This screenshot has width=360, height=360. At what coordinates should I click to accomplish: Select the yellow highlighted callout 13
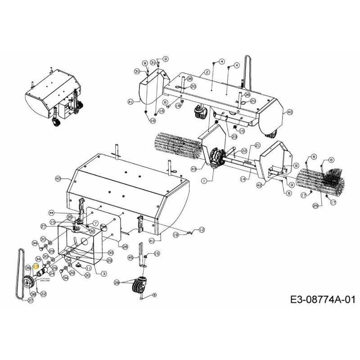click(x=36, y=267)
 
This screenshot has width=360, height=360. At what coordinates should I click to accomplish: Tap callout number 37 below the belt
click(x=31, y=300)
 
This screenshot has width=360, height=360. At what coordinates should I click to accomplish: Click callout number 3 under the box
click(x=104, y=273)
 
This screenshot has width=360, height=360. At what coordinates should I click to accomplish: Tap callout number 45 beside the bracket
click(x=130, y=258)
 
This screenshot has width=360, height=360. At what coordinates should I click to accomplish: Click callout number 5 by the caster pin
click(x=154, y=295)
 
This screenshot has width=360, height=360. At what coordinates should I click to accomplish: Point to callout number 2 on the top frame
click(x=207, y=72)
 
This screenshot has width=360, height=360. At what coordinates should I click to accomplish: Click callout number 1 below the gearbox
click(x=204, y=180)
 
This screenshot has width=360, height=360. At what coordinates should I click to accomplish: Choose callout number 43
click(x=194, y=169)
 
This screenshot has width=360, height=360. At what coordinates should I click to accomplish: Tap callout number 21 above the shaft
click(x=258, y=145)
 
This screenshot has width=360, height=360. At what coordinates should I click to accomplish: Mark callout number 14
click(x=243, y=179)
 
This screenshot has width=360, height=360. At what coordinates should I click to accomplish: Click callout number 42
click(x=259, y=184)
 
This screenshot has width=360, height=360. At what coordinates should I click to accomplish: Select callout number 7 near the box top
click(x=95, y=224)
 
